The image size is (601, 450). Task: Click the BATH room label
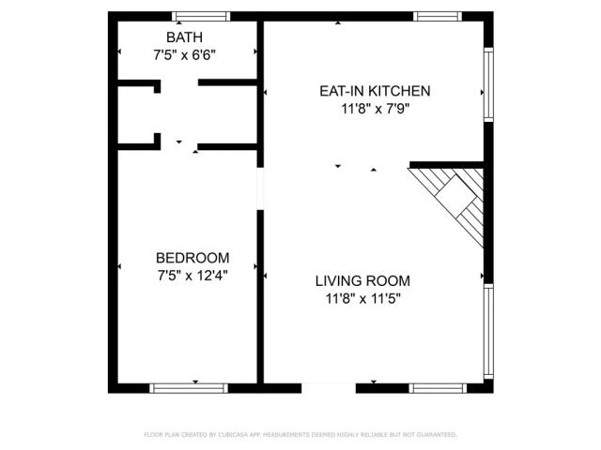point(185,37)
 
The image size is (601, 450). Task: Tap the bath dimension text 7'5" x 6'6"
point(185,54)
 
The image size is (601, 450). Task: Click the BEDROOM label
point(193,258)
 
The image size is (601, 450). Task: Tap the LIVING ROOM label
point(362,280)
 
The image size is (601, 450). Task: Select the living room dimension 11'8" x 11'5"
point(362,299)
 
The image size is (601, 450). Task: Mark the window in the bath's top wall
point(201,16)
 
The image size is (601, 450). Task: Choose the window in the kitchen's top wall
point(438,16)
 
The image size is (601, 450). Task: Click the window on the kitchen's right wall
point(488,85)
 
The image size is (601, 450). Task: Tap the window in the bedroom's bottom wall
point(189,387)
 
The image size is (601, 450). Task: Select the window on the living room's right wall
point(488,332)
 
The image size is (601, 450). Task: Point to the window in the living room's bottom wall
point(438,387)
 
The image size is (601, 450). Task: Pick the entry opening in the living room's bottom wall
point(329,387)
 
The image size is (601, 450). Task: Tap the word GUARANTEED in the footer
point(436,435)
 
